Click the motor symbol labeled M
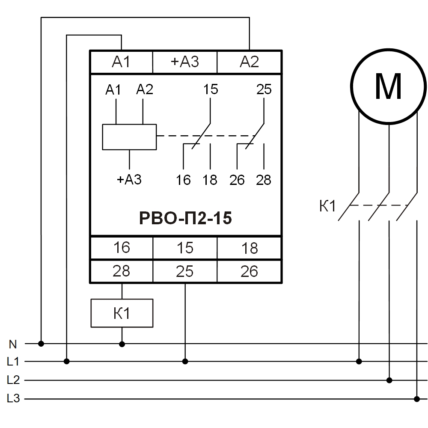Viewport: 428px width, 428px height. click(x=388, y=86)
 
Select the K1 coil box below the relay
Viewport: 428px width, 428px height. click(x=122, y=313)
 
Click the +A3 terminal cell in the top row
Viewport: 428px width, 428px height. click(x=185, y=62)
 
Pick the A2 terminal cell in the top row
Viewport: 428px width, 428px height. click(x=249, y=62)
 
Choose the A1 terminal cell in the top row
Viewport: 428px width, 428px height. click(x=121, y=62)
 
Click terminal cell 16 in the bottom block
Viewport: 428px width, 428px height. click(x=121, y=248)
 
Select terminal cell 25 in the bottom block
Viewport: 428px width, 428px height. click(x=185, y=271)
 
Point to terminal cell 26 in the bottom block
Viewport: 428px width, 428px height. click(x=249, y=271)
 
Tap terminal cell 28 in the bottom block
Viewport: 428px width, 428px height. click(x=121, y=271)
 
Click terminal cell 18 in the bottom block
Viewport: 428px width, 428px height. click(x=249, y=248)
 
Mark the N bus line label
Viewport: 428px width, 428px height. click(x=13, y=343)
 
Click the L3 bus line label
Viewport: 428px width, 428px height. click(x=13, y=399)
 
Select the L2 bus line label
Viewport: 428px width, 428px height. click(x=13, y=380)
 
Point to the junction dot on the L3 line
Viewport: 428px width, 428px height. click(x=416, y=399)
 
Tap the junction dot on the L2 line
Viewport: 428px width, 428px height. click(x=389, y=380)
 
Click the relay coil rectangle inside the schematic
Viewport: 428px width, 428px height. click(x=129, y=137)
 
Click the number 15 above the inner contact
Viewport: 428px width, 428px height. click(x=210, y=90)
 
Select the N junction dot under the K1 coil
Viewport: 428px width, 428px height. click(x=122, y=344)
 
